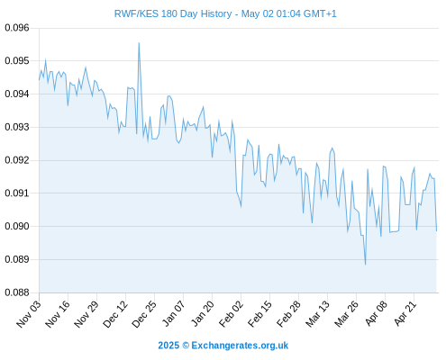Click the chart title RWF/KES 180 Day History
(x=173, y=13)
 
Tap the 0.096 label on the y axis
(x=17, y=28)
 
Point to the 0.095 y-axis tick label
(x=17, y=61)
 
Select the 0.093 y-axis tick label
(x=17, y=127)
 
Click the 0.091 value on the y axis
(x=17, y=193)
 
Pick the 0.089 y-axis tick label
(x=17, y=259)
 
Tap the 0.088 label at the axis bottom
(x=17, y=292)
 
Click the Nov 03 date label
(x=29, y=314)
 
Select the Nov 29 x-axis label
(x=86, y=314)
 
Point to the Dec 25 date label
(x=144, y=314)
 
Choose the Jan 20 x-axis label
(x=203, y=313)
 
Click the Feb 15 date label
(x=259, y=313)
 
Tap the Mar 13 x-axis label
(x=317, y=313)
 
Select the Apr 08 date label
(x=376, y=313)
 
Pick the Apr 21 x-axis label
(x=405, y=313)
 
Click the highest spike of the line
(x=139, y=43)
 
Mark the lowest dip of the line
(x=365, y=265)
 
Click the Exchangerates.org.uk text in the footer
(x=240, y=346)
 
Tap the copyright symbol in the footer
(x=186, y=346)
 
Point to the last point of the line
(x=436, y=230)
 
